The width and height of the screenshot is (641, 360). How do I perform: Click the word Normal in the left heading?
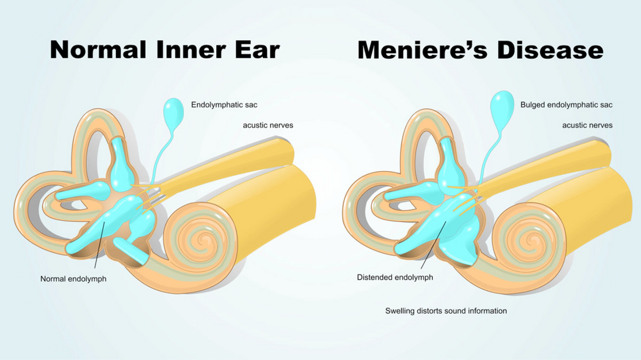[x=98, y=50]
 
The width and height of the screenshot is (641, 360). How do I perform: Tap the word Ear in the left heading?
[x=257, y=50]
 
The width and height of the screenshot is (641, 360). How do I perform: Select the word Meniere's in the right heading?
[x=422, y=50]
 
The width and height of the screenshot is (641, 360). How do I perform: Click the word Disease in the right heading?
[x=550, y=50]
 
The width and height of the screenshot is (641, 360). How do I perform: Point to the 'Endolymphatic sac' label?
[x=224, y=105]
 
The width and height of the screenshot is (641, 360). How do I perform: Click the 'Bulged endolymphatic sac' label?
[x=566, y=105]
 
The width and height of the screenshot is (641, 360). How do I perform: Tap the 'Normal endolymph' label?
[x=73, y=279]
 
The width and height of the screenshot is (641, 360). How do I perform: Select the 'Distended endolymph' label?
[x=395, y=277]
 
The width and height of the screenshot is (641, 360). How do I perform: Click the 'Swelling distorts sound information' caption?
[x=446, y=311]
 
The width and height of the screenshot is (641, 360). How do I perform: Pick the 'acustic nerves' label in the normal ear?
[x=268, y=125]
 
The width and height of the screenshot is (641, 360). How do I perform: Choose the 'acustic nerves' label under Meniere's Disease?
[x=587, y=125]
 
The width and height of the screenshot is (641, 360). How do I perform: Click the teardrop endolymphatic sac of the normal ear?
[x=173, y=113]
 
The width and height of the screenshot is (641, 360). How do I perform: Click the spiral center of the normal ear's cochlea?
[x=202, y=239]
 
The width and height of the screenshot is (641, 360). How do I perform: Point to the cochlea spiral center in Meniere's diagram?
[x=532, y=240]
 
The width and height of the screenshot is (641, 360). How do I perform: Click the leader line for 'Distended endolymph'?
[x=434, y=245]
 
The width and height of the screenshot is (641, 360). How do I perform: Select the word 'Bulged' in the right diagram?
[x=533, y=105]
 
